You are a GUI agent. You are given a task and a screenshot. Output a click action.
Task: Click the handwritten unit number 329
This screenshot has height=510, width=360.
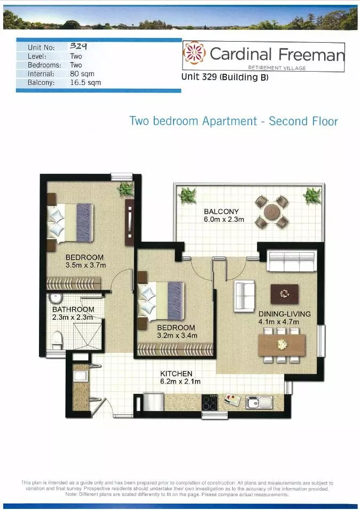(x=79, y=47)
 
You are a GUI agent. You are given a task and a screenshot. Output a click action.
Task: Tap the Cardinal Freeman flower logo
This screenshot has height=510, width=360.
(x=193, y=53)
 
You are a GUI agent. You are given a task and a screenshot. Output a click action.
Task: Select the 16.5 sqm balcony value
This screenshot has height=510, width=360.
(x=85, y=83)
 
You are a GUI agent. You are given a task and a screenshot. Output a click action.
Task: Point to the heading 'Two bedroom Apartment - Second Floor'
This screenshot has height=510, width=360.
(x=233, y=121)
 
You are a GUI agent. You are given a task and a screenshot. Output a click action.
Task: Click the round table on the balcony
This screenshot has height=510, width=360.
(x=271, y=211)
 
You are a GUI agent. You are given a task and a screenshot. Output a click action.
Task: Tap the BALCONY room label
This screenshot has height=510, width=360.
(x=221, y=212)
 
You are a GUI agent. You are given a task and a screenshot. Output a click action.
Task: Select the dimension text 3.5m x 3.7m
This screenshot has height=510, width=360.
(x=85, y=265)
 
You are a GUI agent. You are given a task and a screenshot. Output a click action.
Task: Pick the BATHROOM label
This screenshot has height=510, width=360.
(x=73, y=310)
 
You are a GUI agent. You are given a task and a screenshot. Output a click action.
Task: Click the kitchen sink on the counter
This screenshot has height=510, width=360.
(x=259, y=402)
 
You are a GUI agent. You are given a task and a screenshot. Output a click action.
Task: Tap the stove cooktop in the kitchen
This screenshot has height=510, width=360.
(x=210, y=403)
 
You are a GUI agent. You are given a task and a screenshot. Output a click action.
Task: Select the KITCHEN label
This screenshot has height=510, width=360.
(x=176, y=374)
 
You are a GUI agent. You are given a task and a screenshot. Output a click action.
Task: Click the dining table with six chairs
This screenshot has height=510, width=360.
(x=281, y=345)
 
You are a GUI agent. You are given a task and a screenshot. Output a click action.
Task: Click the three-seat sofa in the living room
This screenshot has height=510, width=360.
(x=292, y=262)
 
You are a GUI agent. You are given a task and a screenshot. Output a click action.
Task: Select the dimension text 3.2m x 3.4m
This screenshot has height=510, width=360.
(x=177, y=335)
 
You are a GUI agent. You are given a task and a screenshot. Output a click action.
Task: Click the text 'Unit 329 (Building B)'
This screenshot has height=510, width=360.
(x=225, y=78)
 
